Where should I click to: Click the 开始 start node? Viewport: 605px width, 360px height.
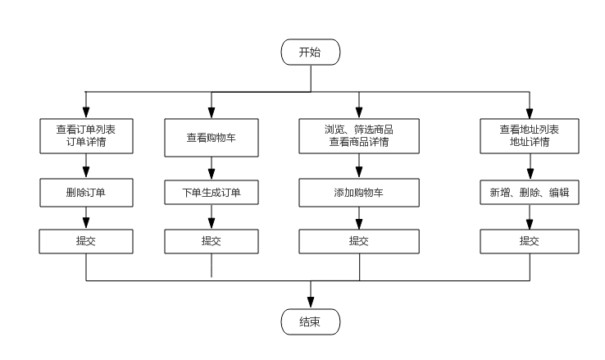[x=310, y=52]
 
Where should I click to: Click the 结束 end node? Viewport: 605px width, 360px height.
[x=310, y=322]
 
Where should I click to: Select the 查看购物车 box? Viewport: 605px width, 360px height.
[x=211, y=138]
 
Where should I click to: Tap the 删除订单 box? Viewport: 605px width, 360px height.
[x=86, y=194]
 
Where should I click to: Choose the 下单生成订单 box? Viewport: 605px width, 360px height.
[x=211, y=194]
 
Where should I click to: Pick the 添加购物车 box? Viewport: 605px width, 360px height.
[x=358, y=194]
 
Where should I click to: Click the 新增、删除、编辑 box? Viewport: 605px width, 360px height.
[x=529, y=194]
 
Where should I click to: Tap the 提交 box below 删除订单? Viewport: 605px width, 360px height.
[x=86, y=241]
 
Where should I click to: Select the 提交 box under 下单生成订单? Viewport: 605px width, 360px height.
[x=211, y=241]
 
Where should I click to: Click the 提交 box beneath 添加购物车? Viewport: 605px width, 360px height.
[x=358, y=241]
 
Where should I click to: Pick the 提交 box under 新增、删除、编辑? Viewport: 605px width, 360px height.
[x=529, y=241]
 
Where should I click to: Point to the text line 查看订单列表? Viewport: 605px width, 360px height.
[x=86, y=130]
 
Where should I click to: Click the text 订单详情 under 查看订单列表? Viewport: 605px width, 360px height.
[x=86, y=142]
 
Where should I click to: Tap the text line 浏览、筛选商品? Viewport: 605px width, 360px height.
[x=358, y=130]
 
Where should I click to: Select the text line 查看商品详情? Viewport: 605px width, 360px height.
[x=358, y=142]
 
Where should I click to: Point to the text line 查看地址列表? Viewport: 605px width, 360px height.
[x=529, y=130]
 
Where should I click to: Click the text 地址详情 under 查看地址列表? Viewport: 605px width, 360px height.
[x=529, y=142]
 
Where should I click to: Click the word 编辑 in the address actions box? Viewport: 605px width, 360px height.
[x=559, y=194]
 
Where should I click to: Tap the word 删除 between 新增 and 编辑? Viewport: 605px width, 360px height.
[x=529, y=194]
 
